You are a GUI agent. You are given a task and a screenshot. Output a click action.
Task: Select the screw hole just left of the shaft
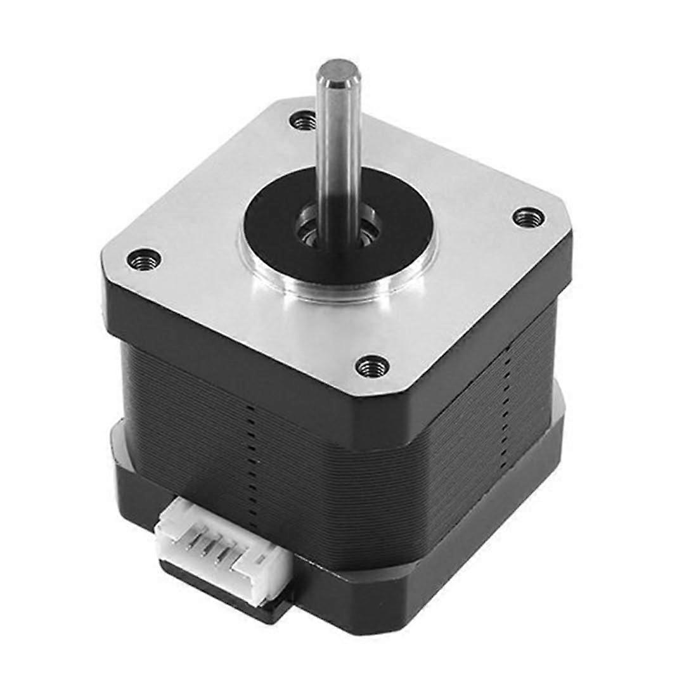(304, 119)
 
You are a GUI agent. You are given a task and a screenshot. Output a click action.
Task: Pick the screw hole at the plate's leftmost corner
(143, 258)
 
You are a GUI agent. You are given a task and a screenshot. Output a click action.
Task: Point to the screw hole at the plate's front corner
(372, 365)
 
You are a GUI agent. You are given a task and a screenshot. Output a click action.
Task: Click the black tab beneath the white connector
(254, 602)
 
